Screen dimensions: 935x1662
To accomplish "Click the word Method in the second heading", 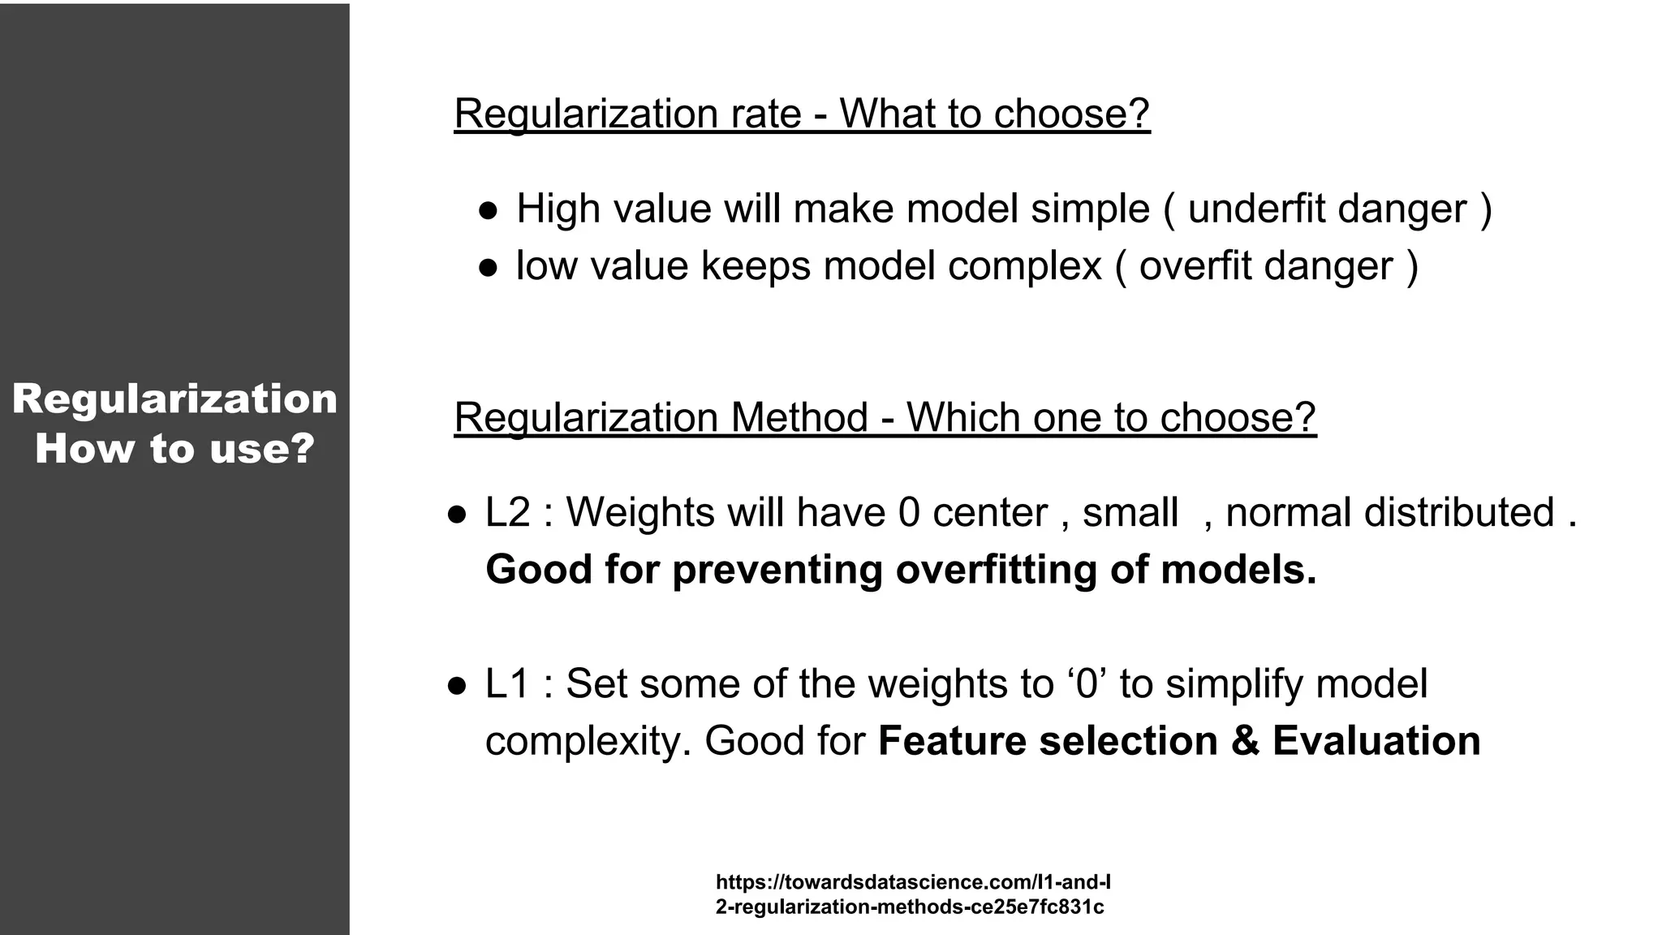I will [799, 417].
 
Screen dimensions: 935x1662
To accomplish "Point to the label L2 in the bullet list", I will [507, 513].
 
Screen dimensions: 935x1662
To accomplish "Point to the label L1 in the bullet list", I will [507, 683].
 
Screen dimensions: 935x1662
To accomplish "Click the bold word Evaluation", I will [1376, 741].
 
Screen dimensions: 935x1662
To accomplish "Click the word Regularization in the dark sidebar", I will [174, 399].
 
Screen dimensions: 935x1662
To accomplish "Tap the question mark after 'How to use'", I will [302, 449].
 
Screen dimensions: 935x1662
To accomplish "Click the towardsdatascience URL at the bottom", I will [912, 894].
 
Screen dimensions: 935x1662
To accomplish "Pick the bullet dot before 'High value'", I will [488, 210].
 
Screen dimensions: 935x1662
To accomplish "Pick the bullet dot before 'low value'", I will [488, 267].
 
